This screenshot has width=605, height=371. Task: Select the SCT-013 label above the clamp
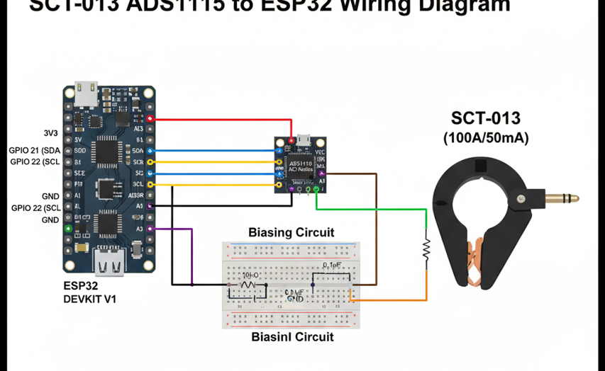(486, 118)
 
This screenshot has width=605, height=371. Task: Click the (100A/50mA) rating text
(486, 138)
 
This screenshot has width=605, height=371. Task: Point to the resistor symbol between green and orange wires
(426, 247)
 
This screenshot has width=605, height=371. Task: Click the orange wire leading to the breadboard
(397, 299)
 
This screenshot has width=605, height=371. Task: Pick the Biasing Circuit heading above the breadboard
(291, 232)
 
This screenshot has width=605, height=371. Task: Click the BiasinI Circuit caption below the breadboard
(292, 337)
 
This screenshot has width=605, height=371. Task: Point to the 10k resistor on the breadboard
(248, 284)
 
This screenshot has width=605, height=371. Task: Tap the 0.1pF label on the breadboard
(333, 266)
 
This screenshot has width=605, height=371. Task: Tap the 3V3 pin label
(50, 132)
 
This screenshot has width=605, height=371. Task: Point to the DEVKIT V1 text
(89, 299)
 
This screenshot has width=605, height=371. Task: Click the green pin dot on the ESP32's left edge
(68, 229)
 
